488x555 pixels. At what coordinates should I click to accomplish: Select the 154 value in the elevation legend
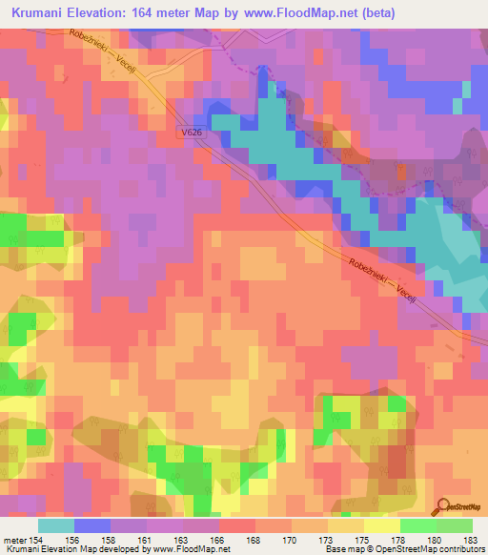click(x=36, y=539)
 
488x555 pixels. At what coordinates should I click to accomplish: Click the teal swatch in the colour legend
click(x=56, y=525)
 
